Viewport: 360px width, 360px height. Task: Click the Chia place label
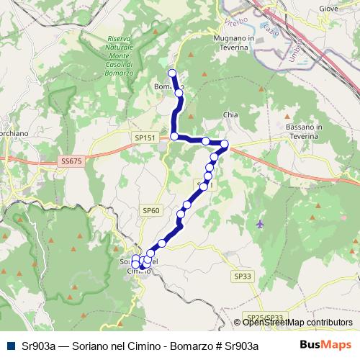point(230,114)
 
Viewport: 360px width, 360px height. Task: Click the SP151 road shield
point(145,137)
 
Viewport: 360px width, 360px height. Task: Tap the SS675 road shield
point(73,161)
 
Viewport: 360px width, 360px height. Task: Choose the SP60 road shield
point(150,210)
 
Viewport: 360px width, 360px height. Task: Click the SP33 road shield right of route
point(243,276)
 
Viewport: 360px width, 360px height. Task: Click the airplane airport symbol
point(260,224)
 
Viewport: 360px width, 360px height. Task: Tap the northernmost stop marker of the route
point(172,73)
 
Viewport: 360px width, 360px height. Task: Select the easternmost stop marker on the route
point(225,144)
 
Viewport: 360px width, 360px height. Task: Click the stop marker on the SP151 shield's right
point(174,136)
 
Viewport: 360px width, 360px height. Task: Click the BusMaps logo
point(325,345)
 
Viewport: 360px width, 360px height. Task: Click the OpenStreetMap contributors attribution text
point(296,323)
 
